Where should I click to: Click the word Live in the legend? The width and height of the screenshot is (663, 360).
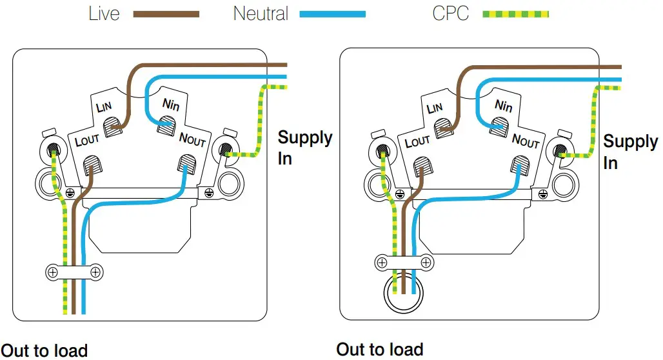[104, 13]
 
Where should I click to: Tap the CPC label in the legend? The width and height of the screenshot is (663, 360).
[450, 13]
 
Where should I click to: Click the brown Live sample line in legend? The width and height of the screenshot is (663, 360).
[166, 14]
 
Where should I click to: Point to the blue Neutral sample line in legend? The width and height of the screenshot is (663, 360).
[333, 14]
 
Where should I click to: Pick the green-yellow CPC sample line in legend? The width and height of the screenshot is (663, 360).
[515, 14]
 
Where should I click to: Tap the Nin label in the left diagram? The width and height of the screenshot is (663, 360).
[171, 104]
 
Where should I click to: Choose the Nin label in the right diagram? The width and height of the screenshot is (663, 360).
[503, 105]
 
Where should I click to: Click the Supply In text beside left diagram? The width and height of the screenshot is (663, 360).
[304, 148]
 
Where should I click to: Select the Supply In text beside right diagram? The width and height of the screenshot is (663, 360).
[629, 152]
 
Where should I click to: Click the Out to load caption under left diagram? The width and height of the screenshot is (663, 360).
[44, 350]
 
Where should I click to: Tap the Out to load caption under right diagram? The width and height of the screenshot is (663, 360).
[380, 349]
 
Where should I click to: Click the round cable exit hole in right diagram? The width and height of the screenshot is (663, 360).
[403, 295]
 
